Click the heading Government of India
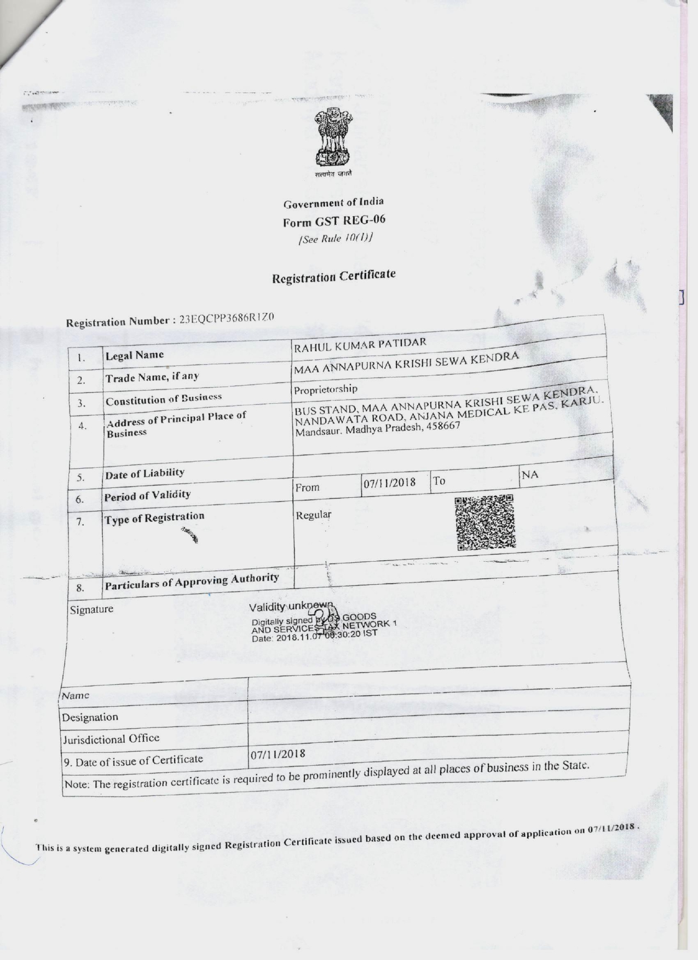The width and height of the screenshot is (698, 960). click(x=333, y=203)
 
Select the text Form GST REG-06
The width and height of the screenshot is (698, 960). click(x=334, y=221)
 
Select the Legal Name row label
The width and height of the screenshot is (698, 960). click(x=135, y=355)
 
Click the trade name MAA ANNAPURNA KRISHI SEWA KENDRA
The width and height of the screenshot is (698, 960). click(x=406, y=364)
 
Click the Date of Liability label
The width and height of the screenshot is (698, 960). click(x=145, y=473)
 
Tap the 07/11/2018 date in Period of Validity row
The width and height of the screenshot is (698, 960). click(x=389, y=482)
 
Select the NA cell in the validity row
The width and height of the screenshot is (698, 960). click(x=530, y=474)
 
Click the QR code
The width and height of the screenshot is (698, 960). click(x=485, y=522)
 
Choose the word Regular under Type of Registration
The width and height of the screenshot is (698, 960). click(x=313, y=515)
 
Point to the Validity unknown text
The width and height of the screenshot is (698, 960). click(x=291, y=606)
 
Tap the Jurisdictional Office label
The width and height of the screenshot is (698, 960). click(x=111, y=739)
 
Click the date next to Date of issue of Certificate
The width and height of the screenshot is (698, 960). click(x=278, y=754)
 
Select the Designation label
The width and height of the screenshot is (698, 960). click(x=90, y=717)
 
